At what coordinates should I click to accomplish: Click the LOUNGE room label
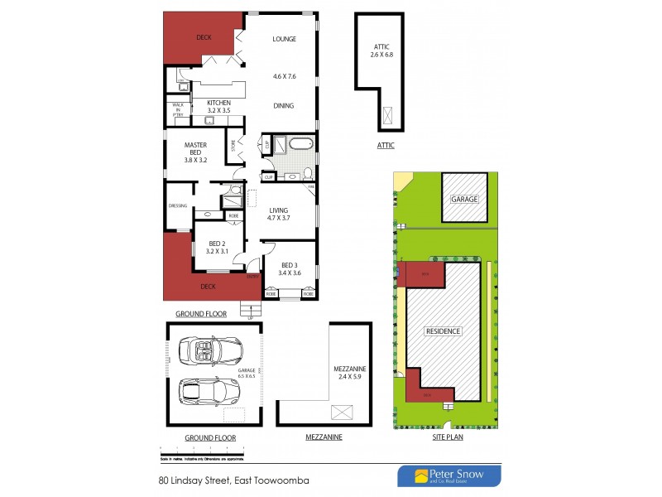(x=284, y=39)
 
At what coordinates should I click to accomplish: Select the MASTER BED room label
(x=195, y=149)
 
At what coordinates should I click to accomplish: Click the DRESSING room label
(x=178, y=206)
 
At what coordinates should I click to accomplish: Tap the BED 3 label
(x=289, y=268)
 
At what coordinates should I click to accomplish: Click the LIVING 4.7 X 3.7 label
(x=280, y=214)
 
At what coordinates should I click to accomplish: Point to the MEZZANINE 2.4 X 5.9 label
(x=350, y=372)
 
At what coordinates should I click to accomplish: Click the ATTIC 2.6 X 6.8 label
(x=381, y=51)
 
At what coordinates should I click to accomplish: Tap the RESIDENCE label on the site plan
(x=443, y=331)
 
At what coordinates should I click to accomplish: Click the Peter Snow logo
(x=449, y=475)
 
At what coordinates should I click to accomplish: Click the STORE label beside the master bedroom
(x=234, y=145)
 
